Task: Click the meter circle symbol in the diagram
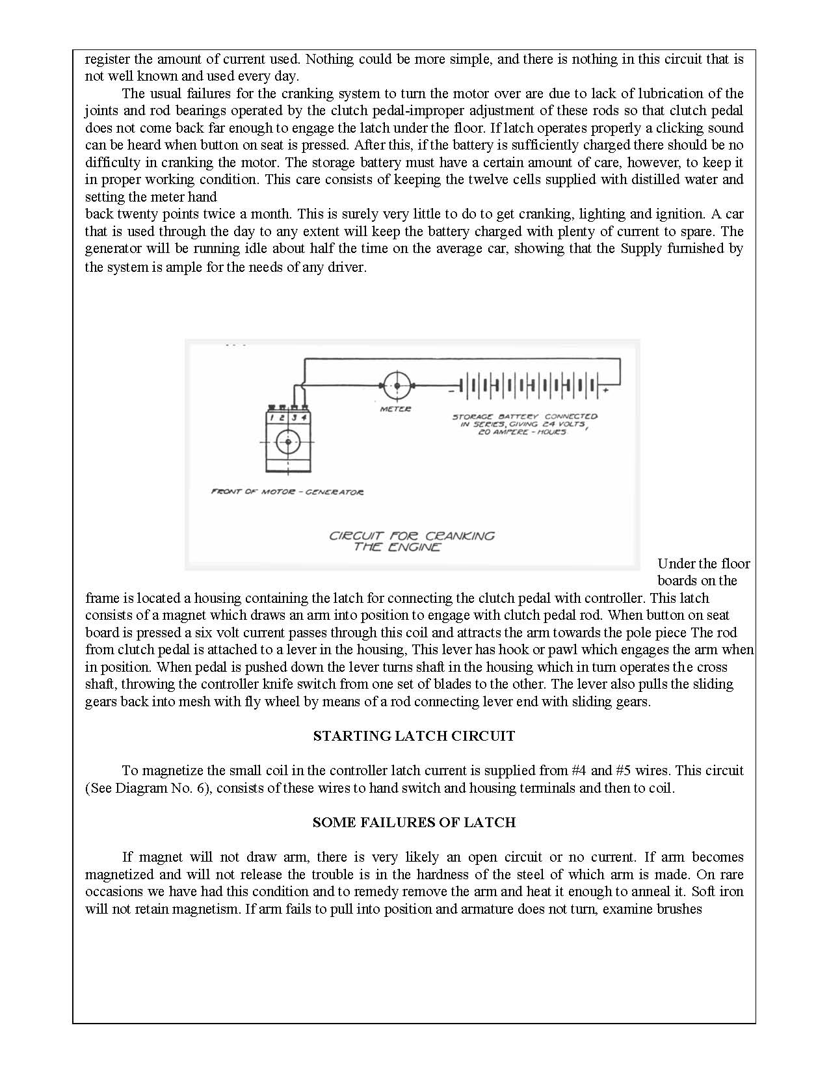[x=396, y=386]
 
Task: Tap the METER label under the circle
[x=395, y=409]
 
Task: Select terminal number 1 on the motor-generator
[x=272, y=417]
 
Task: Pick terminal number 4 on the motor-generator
[x=304, y=417]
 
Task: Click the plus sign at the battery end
[x=606, y=390]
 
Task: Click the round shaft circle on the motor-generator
[x=287, y=442]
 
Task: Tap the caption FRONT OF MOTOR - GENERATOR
[x=287, y=492]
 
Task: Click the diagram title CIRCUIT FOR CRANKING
[x=412, y=536]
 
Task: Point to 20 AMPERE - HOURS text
[x=522, y=432]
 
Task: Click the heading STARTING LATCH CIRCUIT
[x=414, y=736]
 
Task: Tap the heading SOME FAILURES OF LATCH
[x=414, y=823]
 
